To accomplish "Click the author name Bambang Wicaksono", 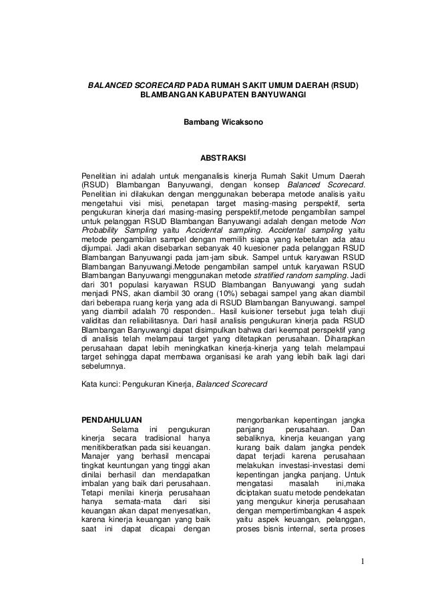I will pyautogui.click(x=213, y=123).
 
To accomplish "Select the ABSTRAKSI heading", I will pyautogui.click(x=213, y=159).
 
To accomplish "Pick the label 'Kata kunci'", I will pyautogui.click(x=100, y=385).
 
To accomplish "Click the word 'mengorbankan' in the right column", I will pyautogui.click(x=267, y=421).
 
